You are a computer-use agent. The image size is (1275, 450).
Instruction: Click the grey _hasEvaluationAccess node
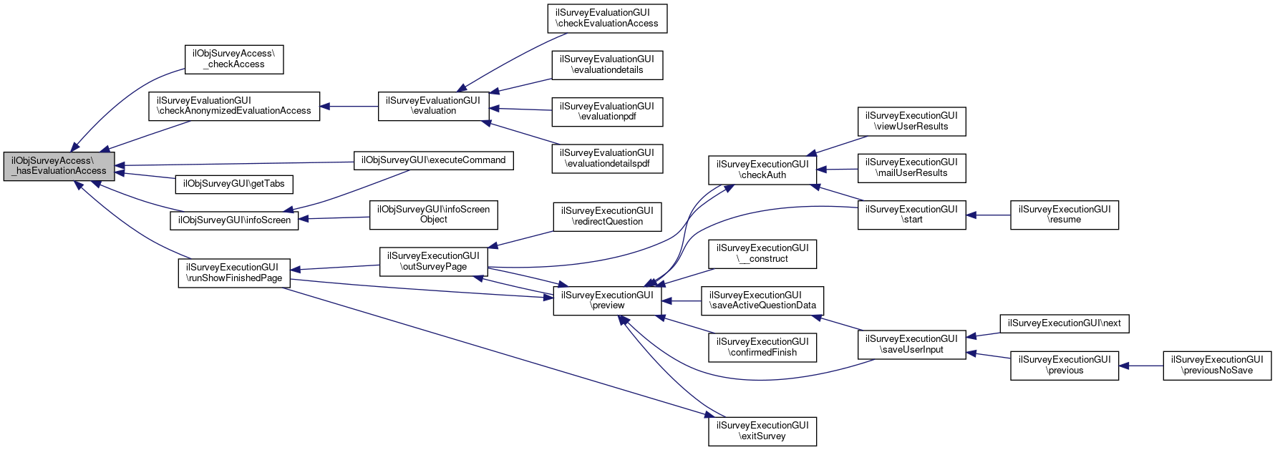tap(59, 166)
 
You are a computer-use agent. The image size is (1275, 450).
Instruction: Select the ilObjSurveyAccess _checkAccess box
tap(234, 59)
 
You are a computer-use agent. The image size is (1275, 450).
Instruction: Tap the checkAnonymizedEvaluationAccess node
tap(234, 106)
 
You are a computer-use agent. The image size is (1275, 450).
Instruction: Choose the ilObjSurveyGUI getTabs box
tap(234, 184)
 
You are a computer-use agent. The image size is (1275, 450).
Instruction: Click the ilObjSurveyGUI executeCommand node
tap(434, 160)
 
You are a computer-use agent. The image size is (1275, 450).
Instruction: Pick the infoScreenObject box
tap(434, 215)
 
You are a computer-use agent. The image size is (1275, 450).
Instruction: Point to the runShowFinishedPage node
tap(234, 273)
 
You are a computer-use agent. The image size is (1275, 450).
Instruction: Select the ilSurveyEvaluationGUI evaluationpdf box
tap(607, 112)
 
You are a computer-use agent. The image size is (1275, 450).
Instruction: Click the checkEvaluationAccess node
tap(608, 18)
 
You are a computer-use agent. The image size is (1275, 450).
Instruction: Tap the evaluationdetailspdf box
tap(607, 158)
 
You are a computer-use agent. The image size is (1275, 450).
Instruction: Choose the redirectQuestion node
tap(607, 216)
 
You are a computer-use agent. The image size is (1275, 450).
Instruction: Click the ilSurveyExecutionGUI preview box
tap(607, 300)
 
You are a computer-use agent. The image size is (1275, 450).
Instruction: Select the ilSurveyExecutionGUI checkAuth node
tap(762, 170)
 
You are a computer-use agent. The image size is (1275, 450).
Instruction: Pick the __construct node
tap(762, 253)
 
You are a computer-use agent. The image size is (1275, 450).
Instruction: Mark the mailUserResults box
tap(911, 167)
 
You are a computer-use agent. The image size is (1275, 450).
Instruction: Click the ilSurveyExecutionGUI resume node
tap(1065, 215)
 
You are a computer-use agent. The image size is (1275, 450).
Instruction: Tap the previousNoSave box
tap(1217, 365)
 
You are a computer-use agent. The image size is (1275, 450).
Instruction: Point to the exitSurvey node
tap(762, 431)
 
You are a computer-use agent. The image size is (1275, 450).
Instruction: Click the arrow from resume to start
tap(988, 215)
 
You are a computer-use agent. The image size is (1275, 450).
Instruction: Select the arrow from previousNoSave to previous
tap(1141, 366)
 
